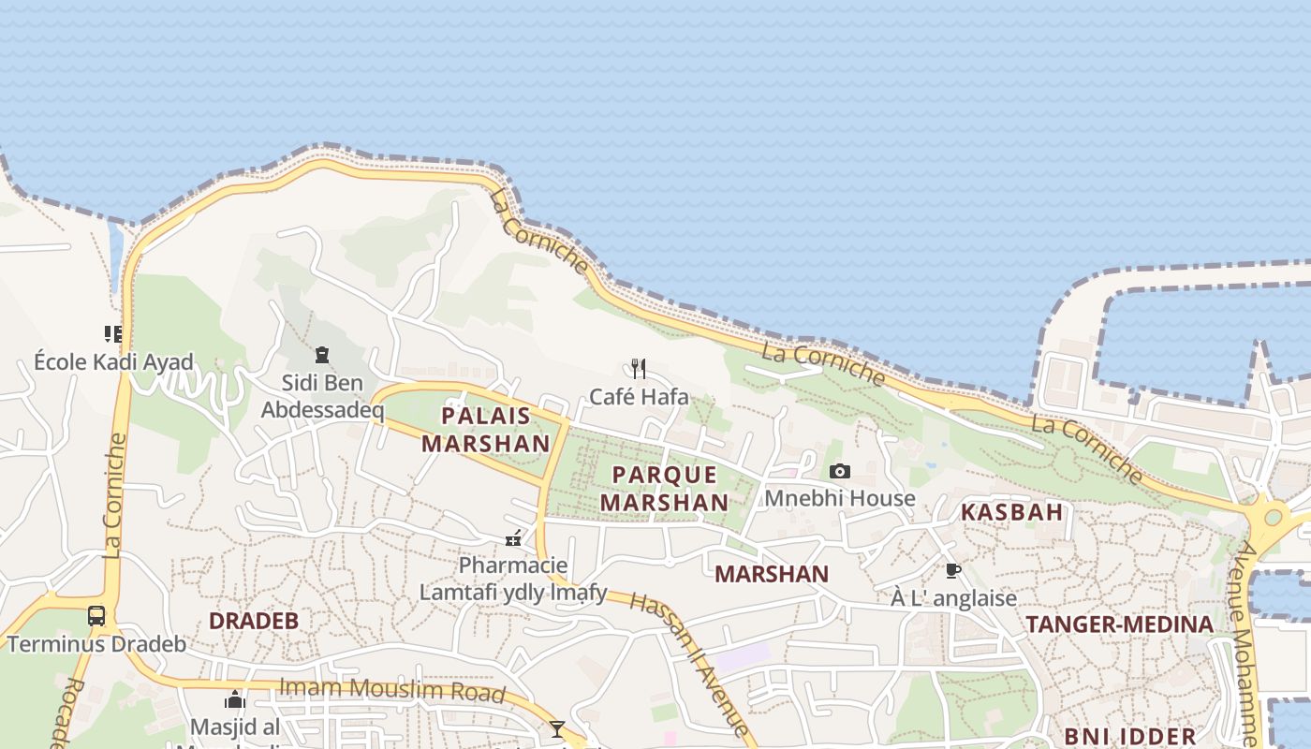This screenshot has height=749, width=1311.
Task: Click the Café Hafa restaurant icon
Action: (x=639, y=368)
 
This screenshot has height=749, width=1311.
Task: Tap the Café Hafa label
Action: (x=639, y=397)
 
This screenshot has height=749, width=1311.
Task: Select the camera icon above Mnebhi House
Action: (x=840, y=471)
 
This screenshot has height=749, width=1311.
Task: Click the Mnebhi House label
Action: (x=840, y=498)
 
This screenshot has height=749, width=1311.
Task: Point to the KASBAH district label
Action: (x=1012, y=512)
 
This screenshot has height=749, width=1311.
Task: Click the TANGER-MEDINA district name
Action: (x=1119, y=624)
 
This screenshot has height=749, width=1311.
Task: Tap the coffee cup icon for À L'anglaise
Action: (x=953, y=570)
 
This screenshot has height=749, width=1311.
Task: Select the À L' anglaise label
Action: (x=953, y=598)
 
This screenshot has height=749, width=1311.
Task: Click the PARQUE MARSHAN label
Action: (x=665, y=489)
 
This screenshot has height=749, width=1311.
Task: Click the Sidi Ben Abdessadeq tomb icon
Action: (x=322, y=355)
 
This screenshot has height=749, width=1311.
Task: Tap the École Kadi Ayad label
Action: (x=113, y=361)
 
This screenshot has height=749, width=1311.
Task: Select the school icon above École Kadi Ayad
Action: (x=113, y=333)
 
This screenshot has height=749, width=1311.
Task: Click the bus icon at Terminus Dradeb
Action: (x=96, y=616)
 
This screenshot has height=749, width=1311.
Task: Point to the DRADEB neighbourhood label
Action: (x=253, y=621)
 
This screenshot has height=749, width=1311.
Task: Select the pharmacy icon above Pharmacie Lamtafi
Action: (x=513, y=538)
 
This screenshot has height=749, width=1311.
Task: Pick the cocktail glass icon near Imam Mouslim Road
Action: (x=557, y=728)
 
